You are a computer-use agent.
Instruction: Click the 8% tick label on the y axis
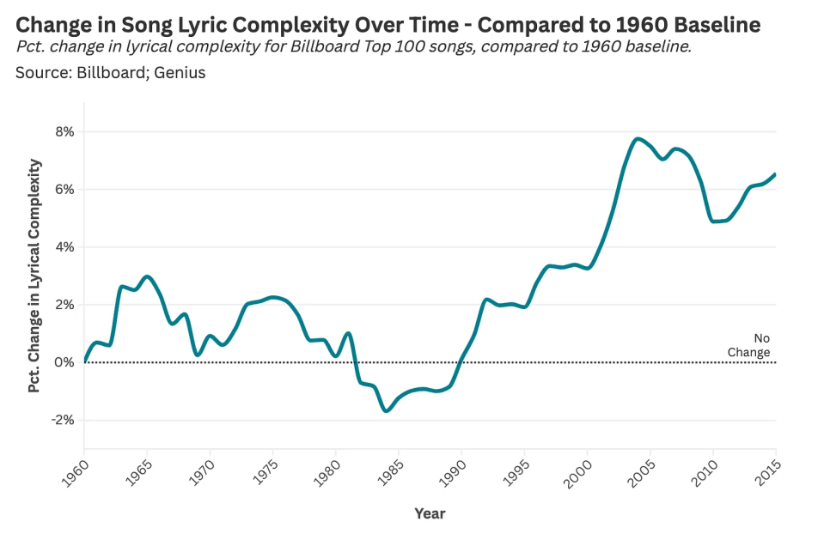coord(64,131)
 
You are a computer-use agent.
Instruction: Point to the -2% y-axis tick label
coord(63,420)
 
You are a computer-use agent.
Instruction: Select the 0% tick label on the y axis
coord(64,362)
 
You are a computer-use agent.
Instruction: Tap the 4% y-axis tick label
coord(64,247)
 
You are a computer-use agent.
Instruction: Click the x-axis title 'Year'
coord(430,513)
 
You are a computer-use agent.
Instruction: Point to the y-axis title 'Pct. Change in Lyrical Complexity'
coord(34,276)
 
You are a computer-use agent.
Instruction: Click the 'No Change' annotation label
coord(750,345)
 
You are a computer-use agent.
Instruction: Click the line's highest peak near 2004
coord(638,138)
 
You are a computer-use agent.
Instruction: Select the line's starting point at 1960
coord(84,361)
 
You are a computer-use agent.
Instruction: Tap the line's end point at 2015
coord(776,173)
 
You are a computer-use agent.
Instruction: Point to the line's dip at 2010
coord(713,221)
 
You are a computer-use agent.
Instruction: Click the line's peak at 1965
coord(148,276)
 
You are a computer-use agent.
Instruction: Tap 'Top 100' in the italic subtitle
coord(368,46)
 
